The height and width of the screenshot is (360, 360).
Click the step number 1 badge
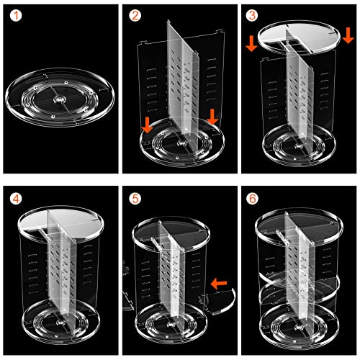(16, 16)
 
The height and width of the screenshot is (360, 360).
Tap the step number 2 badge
(135, 16)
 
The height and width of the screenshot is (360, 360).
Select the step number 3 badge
(252, 16)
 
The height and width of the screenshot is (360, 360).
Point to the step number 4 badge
(16, 199)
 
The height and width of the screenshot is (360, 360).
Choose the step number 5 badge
(135, 199)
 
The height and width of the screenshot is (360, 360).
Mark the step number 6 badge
(253, 199)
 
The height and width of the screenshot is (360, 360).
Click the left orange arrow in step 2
(147, 125)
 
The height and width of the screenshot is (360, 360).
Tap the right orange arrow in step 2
(212, 117)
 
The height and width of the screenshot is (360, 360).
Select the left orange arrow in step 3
(251, 43)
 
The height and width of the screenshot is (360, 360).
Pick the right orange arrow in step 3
(348, 35)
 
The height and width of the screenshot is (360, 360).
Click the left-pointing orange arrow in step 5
(219, 284)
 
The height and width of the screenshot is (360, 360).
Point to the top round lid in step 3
(299, 37)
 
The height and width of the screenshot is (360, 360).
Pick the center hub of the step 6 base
(299, 327)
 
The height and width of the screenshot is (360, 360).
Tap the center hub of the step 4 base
(60, 323)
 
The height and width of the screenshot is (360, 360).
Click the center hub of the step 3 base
(298, 146)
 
